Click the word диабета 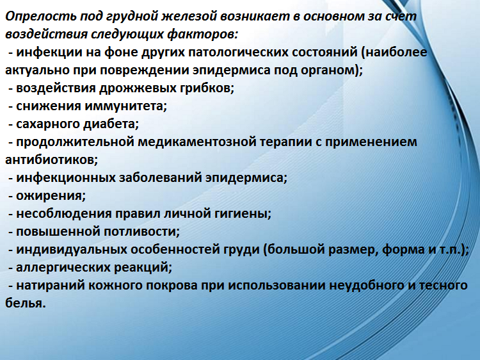click(x=111, y=123)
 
